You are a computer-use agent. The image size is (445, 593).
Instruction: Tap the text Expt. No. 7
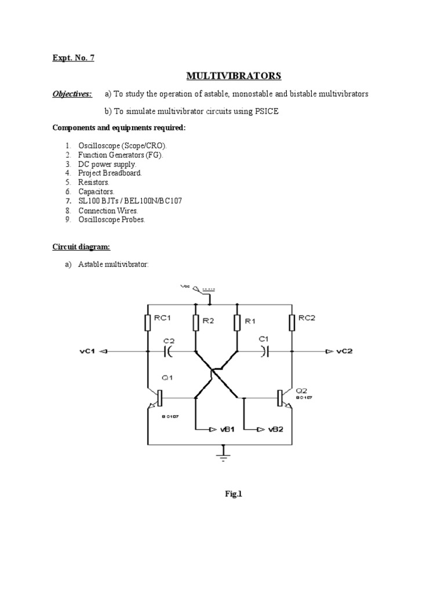click(x=73, y=57)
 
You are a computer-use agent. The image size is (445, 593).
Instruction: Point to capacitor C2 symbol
click(x=169, y=351)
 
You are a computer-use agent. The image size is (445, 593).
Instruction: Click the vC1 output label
click(x=84, y=351)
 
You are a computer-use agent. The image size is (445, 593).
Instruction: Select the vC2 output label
click(x=345, y=351)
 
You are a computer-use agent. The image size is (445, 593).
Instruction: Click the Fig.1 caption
click(x=233, y=495)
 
